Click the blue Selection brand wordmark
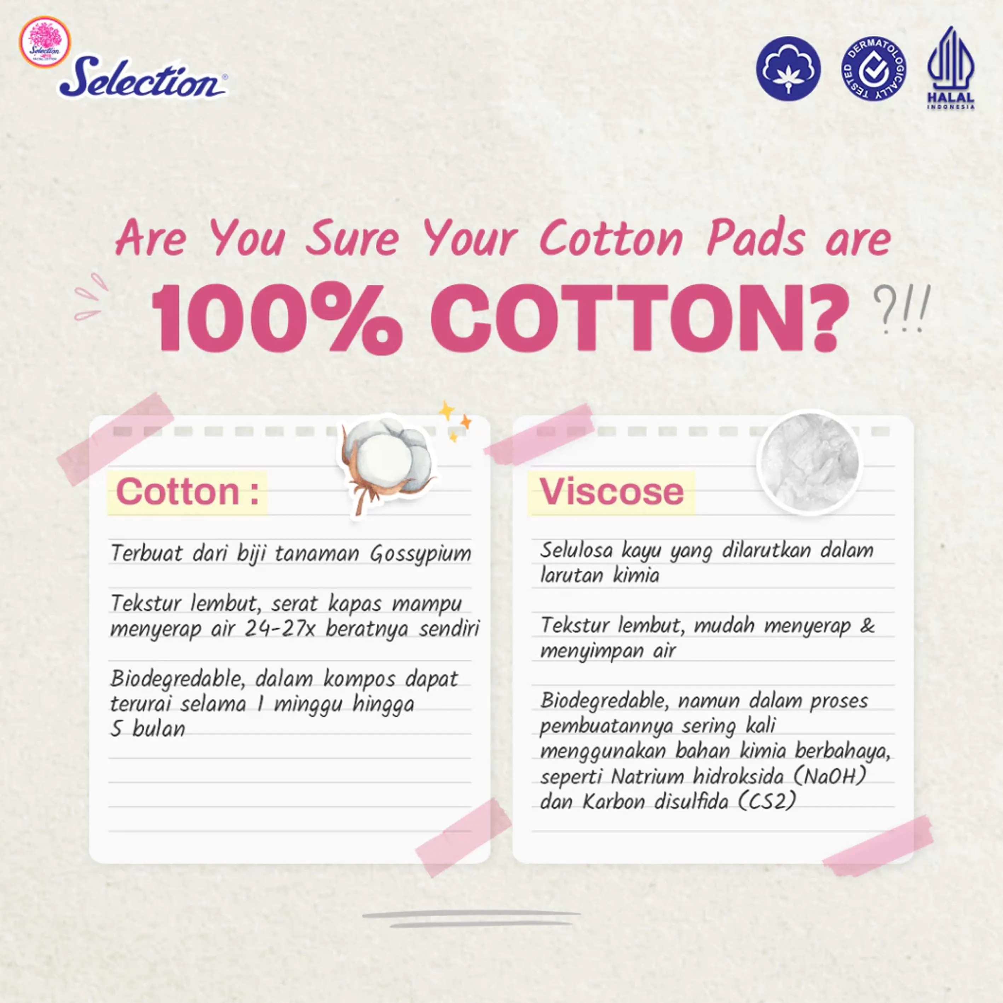(143, 77)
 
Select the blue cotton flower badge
(788, 69)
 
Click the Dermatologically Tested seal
(874, 69)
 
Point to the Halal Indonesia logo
(951, 68)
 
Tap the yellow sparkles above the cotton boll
(455, 421)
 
